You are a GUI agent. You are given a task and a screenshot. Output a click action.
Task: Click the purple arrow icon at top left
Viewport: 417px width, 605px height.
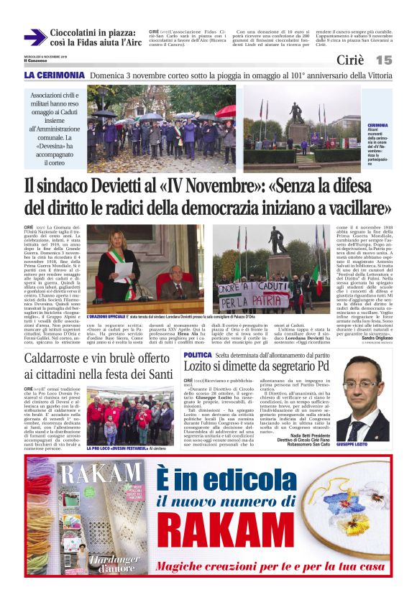[x=35, y=37]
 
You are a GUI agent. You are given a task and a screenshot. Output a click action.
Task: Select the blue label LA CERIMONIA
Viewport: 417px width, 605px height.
[x=54, y=75]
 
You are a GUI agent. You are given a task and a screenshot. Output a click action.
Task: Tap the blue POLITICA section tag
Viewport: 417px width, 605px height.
[x=198, y=355]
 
